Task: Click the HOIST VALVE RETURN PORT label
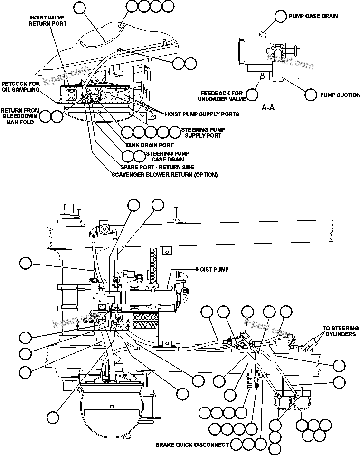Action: point(47,20)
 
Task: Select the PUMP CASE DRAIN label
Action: point(313,16)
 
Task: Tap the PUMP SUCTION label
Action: point(340,95)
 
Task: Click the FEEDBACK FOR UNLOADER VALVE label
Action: point(222,96)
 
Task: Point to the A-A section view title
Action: point(268,108)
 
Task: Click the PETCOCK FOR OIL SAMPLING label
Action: point(20,86)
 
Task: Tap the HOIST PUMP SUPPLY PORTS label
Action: point(202,114)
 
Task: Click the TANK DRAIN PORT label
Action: point(149,145)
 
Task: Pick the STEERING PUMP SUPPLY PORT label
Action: point(203,133)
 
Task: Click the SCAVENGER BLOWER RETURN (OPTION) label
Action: point(164,175)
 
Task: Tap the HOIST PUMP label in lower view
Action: point(212,269)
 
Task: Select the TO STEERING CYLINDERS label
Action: point(341,331)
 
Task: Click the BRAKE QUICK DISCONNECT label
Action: point(192,445)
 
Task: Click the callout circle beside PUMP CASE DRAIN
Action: point(281,16)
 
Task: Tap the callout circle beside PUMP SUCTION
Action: point(311,95)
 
